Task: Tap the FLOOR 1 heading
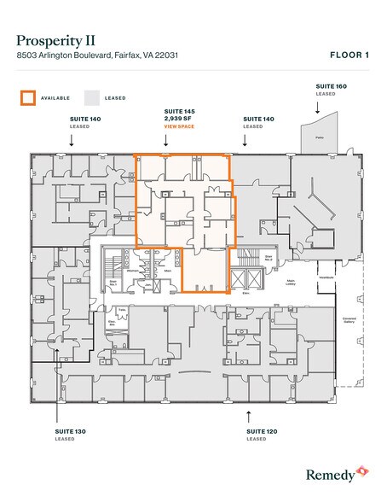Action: [349, 56]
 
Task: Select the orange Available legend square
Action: [28, 97]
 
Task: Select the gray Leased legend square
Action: [93, 97]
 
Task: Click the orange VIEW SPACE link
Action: [179, 126]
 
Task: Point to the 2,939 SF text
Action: [176, 119]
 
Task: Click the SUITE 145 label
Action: [179, 112]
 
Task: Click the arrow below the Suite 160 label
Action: [316, 107]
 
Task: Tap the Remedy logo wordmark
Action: [328, 471]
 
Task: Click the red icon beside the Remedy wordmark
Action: [362, 470]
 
